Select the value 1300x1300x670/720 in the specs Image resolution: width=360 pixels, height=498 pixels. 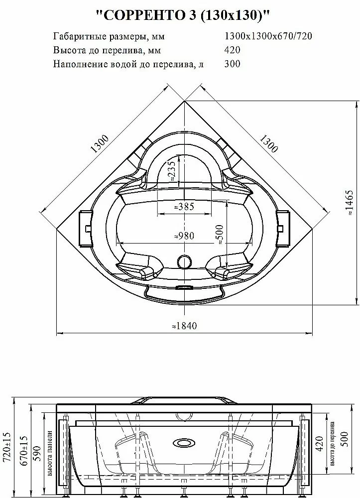pyautogui.click(x=268, y=36)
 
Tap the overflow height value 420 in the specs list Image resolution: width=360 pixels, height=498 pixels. pyautogui.click(x=232, y=50)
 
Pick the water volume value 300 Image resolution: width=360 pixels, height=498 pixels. pyautogui.click(x=232, y=64)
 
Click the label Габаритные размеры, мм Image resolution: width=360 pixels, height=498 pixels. pyautogui.click(x=109, y=36)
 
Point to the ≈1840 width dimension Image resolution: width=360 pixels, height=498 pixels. pyautogui.click(x=184, y=326)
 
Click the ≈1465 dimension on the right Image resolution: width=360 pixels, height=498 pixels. pyautogui.click(x=349, y=203)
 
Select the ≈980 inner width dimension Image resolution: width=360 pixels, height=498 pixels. pyautogui.click(x=184, y=236)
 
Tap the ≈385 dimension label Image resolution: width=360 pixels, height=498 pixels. pyautogui.click(x=184, y=207)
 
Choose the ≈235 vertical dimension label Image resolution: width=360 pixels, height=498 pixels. pyautogui.click(x=171, y=171)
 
